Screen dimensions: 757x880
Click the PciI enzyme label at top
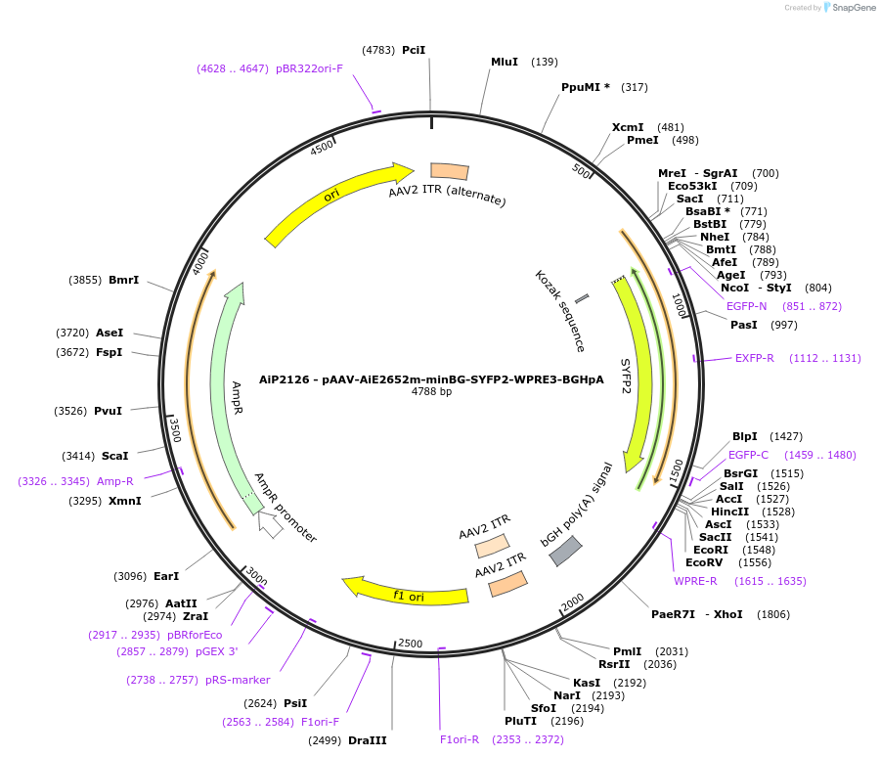[414, 50]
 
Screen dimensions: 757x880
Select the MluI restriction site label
[505, 62]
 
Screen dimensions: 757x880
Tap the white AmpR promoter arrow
[270, 525]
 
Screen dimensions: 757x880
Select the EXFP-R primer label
[754, 358]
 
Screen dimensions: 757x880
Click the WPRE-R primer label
[695, 581]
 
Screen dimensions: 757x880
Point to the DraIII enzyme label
[368, 740]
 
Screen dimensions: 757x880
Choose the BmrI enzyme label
[123, 280]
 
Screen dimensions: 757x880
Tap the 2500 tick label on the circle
[410, 644]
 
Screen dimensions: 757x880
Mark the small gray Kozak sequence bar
[582, 296]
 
